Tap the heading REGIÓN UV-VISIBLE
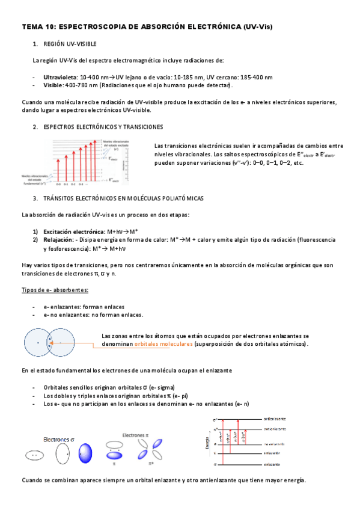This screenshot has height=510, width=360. pyautogui.click(x=70, y=45)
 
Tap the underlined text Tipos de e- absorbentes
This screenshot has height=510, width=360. pyautogui.click(x=55, y=290)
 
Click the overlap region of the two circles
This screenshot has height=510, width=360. pyautogui.click(x=50, y=343)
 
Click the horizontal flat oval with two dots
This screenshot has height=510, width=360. pyautogui.click(x=35, y=456)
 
